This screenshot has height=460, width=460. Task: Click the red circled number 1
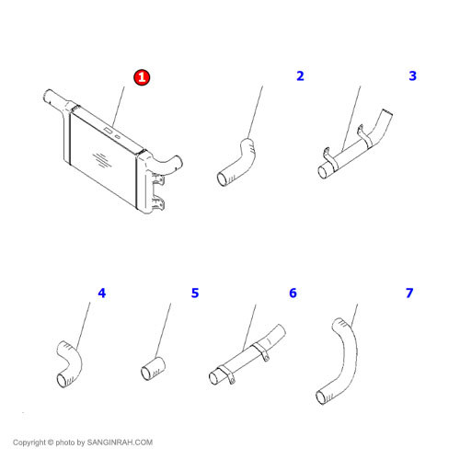coord(142,77)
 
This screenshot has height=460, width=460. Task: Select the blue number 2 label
coord(300,75)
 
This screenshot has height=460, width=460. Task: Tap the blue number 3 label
coord(413,75)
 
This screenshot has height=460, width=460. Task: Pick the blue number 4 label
coord(102,293)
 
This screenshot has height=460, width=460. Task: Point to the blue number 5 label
coord(195,293)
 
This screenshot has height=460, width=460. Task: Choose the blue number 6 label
coord(293,293)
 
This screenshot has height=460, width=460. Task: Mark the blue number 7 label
coord(409,293)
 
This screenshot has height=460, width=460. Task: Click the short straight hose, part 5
coord(153,369)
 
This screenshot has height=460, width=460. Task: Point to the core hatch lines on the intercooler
coord(102,160)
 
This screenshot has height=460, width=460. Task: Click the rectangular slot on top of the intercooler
coord(108,131)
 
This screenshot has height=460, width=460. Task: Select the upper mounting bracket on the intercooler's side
coord(158,179)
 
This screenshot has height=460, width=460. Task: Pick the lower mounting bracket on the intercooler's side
coord(158,203)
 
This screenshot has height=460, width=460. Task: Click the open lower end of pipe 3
coord(323,172)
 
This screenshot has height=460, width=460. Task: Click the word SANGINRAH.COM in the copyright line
coord(120,443)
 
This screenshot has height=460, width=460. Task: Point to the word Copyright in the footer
coord(29,443)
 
